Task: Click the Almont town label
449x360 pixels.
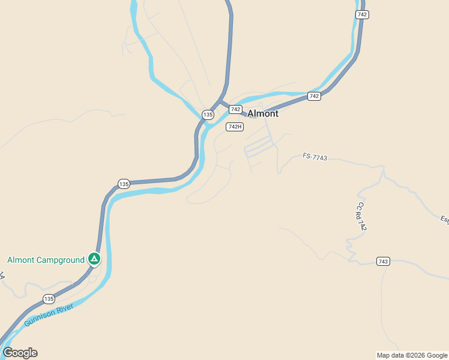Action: pos(263,113)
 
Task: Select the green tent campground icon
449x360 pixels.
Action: pos(94,259)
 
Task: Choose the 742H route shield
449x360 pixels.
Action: pos(235,127)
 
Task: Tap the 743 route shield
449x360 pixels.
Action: pos(384,261)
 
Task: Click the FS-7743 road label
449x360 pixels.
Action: pos(315,157)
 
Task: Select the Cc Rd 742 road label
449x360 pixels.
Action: pos(360,217)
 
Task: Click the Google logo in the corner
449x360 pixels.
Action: pos(20,353)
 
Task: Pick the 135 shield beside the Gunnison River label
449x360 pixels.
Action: pos(49,298)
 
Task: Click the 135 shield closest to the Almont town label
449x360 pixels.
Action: pos(208,114)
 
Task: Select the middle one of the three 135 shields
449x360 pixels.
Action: pos(124,184)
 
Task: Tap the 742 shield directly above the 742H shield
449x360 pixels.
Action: pos(235,109)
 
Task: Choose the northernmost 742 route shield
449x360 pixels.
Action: pos(361,14)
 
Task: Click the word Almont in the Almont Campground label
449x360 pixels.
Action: pos(20,260)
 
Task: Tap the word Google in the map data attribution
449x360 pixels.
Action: pos(437,355)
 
